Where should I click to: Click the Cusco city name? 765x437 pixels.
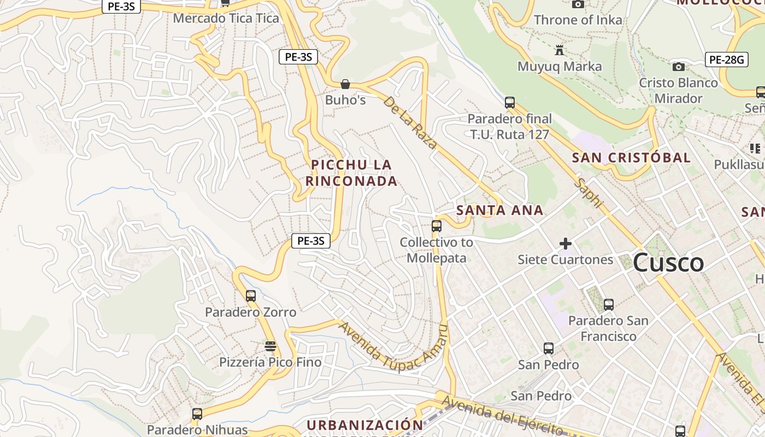click(668, 263)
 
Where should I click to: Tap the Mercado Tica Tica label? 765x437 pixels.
click(226, 18)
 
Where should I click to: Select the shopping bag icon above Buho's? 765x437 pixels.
click(345, 84)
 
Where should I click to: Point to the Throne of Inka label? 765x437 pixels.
click(578, 20)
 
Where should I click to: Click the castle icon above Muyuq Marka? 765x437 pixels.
click(560, 51)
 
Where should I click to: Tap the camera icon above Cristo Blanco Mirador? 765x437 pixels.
click(679, 67)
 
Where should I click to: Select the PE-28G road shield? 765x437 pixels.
click(726, 60)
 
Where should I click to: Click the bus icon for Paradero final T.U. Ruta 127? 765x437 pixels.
click(510, 102)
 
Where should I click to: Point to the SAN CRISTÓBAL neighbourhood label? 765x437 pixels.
click(631, 158)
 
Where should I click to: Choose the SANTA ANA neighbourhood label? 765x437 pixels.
click(499, 210)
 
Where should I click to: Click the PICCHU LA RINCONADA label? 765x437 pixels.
click(351, 173)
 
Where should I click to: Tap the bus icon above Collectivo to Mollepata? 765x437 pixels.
click(436, 226)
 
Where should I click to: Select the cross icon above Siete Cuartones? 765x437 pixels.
click(566, 243)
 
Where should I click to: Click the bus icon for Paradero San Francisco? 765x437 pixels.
click(608, 305)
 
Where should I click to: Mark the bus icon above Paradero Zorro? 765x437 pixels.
click(251, 296)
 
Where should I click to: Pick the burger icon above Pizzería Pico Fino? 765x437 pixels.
click(270, 346)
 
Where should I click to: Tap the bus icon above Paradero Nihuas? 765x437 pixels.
click(197, 414)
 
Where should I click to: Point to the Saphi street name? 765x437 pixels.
click(589, 193)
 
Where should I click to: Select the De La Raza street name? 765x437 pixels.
click(410, 123)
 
